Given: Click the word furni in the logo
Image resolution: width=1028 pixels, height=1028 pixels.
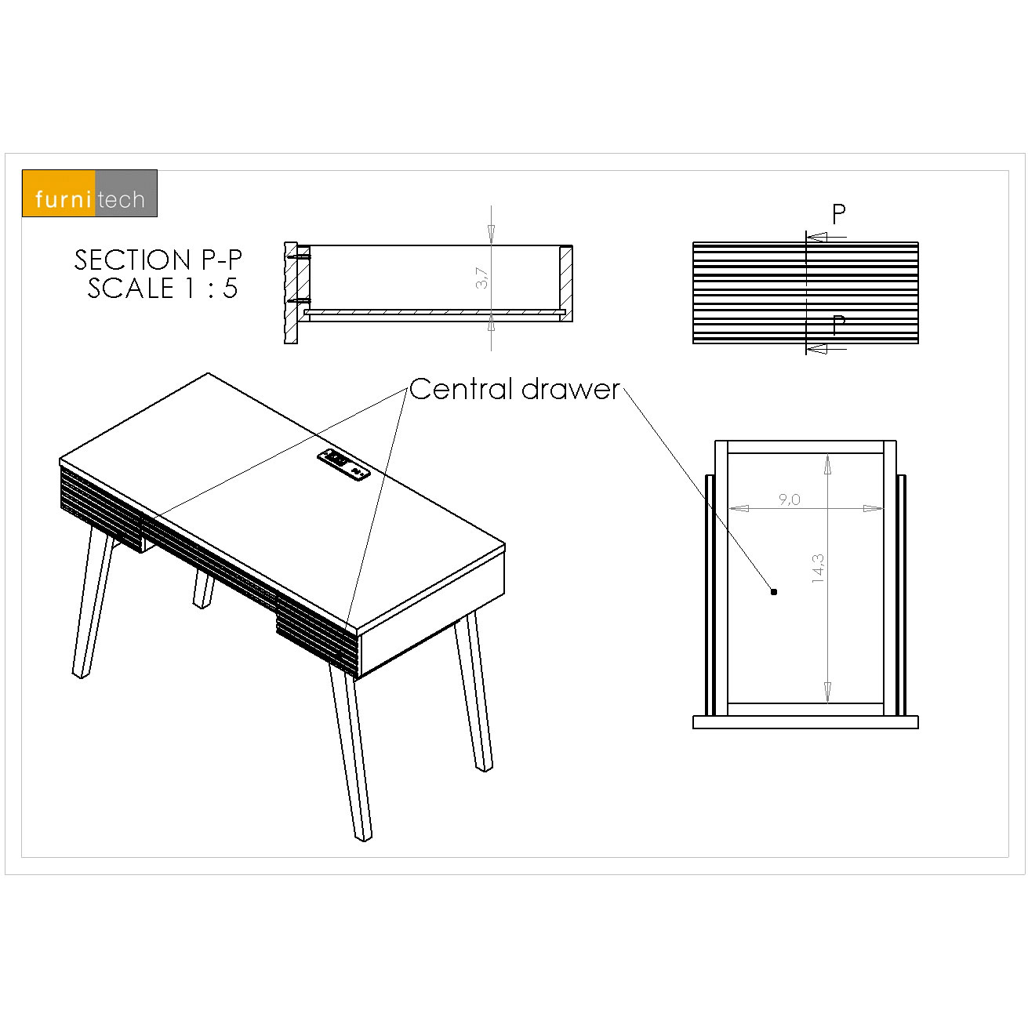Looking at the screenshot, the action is (x=63, y=199).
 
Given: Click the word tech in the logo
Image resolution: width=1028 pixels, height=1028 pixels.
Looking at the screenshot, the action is (x=121, y=199).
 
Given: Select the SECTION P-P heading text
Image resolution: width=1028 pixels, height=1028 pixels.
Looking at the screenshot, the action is (x=158, y=260).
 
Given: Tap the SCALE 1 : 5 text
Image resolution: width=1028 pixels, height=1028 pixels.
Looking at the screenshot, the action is (x=163, y=288).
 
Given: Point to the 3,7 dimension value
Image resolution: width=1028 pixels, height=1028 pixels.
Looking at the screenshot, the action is (x=481, y=278).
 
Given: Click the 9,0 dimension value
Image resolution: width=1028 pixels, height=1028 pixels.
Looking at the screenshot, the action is (x=789, y=499).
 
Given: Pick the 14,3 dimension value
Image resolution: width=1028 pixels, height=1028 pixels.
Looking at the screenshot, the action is (x=817, y=568).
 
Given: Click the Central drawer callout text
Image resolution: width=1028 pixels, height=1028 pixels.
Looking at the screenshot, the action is (x=514, y=389).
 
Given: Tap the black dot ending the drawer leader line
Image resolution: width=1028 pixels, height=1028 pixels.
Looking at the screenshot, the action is (x=774, y=591).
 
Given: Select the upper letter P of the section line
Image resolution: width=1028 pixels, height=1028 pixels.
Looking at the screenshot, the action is (x=838, y=214).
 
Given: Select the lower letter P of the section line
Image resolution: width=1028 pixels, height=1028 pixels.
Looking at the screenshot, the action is (x=838, y=325).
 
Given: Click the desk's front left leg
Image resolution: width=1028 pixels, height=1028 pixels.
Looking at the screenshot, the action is (x=93, y=602).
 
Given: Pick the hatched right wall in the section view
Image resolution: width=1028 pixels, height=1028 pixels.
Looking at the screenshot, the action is (x=565, y=283).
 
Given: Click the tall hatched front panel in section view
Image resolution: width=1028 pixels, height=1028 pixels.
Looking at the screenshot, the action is (x=291, y=293).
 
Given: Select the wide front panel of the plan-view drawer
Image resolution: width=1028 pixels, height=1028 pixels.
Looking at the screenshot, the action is (x=805, y=722).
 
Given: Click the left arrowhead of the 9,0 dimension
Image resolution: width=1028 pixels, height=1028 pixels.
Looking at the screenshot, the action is (x=739, y=508).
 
